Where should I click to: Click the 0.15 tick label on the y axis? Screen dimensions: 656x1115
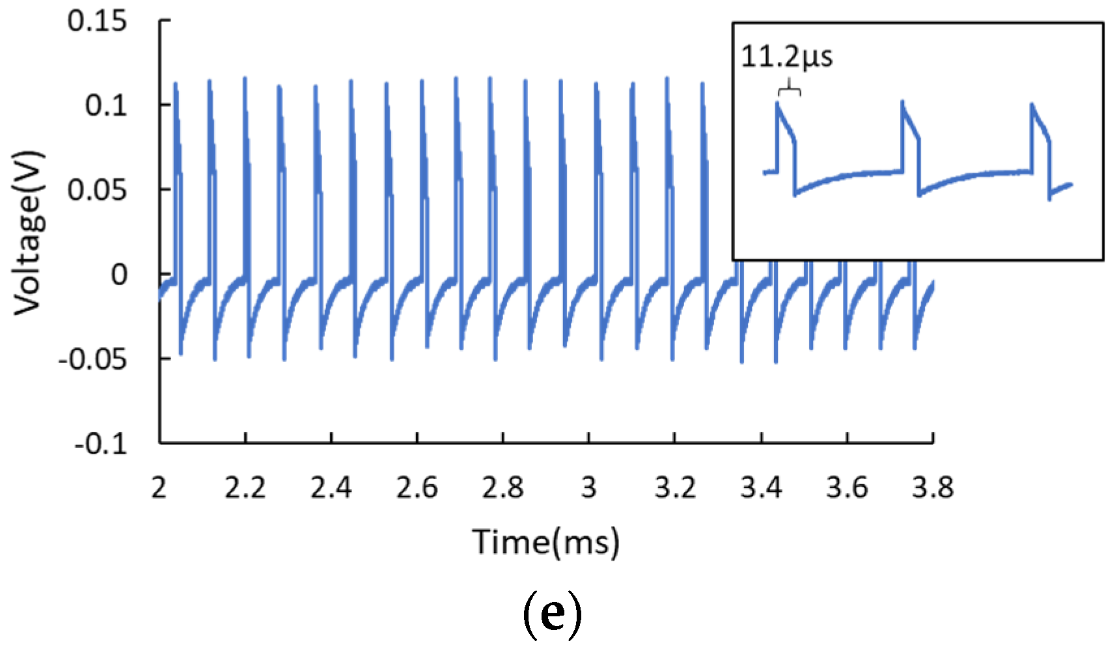click(97, 21)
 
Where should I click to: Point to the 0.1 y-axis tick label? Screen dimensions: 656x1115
click(106, 105)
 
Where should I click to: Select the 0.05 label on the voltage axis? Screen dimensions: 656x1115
click(97, 189)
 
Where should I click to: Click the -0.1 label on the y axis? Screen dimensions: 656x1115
click(100, 444)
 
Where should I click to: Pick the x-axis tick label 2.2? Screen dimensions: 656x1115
click(245, 487)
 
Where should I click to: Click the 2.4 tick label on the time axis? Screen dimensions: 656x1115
click(331, 487)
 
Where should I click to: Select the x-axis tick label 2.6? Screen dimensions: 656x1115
click(417, 487)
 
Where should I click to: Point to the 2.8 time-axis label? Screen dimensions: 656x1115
click(503, 487)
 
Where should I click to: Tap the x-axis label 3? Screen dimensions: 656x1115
click(588, 487)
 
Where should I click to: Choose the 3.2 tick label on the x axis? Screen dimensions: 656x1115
click(675, 487)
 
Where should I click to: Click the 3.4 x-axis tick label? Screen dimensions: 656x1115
click(761, 487)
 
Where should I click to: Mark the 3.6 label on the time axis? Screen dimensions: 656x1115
click(847, 487)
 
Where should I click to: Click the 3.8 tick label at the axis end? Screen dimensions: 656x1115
click(933, 487)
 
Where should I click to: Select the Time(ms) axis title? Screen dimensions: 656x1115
click(545, 542)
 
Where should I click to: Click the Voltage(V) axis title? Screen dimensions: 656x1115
click(29, 232)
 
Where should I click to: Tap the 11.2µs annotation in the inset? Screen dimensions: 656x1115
click(786, 57)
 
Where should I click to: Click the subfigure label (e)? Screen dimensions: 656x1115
click(552, 614)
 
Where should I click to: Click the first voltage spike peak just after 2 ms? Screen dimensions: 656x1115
click(175, 83)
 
